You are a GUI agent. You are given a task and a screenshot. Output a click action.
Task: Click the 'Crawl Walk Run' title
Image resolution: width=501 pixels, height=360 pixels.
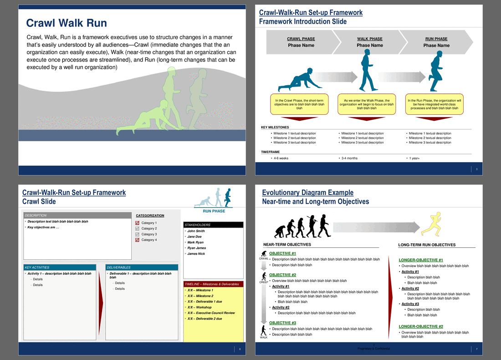pyautogui.click(x=66, y=23)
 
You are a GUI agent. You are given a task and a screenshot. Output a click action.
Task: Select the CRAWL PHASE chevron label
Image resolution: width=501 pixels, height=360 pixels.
pyautogui.click(x=301, y=39)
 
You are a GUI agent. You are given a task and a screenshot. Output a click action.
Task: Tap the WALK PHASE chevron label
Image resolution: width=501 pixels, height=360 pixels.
pyautogui.click(x=369, y=39)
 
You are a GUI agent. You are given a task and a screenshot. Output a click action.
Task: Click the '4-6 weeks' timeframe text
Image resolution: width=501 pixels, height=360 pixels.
pyautogui.click(x=280, y=158)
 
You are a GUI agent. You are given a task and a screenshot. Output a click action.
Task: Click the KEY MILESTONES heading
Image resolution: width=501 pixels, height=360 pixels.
pyautogui.click(x=275, y=127)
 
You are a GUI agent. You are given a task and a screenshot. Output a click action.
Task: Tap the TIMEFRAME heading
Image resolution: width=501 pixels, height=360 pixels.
pyautogui.click(x=270, y=152)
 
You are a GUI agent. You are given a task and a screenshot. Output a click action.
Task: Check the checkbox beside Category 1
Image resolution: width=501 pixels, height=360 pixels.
pyautogui.click(x=137, y=223)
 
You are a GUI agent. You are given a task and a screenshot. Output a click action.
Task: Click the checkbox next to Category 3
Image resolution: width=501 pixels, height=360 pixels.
pyautogui.click(x=137, y=234)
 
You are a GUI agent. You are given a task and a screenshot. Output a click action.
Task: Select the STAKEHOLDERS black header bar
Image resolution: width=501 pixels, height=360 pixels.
pyautogui.click(x=213, y=225)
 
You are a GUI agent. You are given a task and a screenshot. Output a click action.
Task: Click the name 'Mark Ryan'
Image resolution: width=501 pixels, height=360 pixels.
pyautogui.click(x=195, y=242)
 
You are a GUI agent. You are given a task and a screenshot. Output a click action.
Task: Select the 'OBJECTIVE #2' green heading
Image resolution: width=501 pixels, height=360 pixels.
pyautogui.click(x=282, y=275)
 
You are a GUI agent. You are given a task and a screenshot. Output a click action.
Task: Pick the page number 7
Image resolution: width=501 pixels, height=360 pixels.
pyautogui.click(x=476, y=349)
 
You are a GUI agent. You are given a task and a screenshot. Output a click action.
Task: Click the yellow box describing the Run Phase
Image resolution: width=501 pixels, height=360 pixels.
pyautogui.click(x=434, y=104)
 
